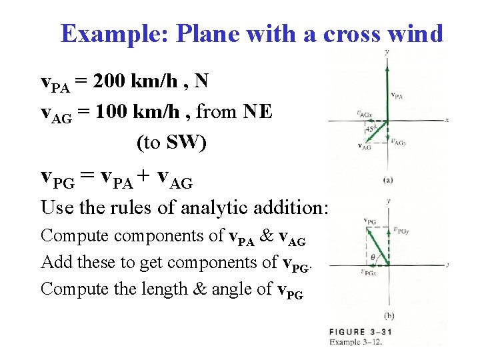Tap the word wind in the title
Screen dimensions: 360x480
coord(416,33)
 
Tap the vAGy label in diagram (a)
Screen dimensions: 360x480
coord(399,141)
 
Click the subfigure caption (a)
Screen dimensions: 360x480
coord(387,178)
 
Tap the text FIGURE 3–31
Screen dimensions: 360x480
coord(365,331)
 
